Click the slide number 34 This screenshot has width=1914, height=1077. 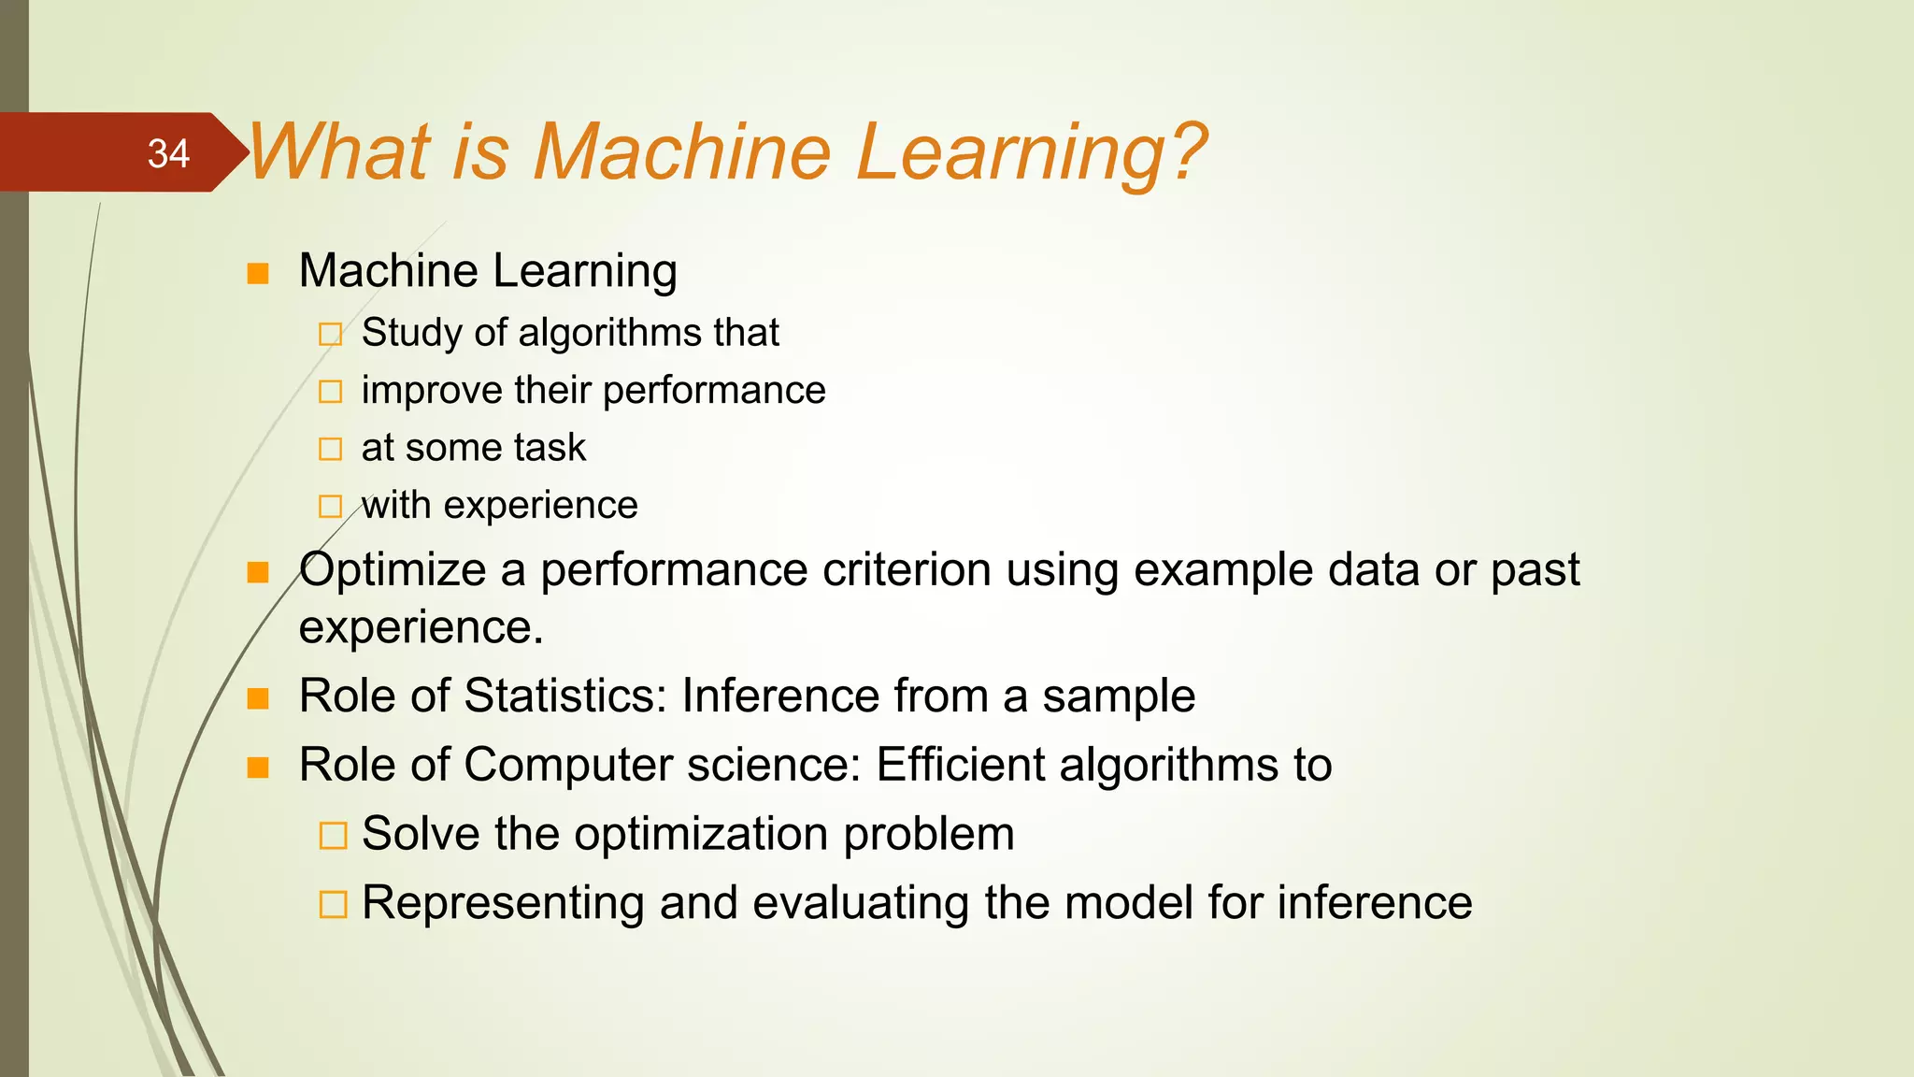[168, 153]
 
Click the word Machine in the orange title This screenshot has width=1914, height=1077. [681, 151]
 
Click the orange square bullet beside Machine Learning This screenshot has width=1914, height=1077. [258, 274]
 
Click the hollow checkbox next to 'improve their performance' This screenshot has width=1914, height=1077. [331, 392]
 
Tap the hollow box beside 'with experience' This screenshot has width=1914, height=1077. [331, 507]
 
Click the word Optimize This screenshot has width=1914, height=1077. [393, 570]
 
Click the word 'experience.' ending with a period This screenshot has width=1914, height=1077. [421, 627]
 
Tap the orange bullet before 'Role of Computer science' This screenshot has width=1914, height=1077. [258, 768]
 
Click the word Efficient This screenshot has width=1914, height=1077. [959, 765]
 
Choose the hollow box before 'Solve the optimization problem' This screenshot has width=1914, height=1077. [333, 835]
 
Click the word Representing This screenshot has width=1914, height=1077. [503, 903]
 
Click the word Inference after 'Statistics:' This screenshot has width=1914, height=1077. [779, 696]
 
